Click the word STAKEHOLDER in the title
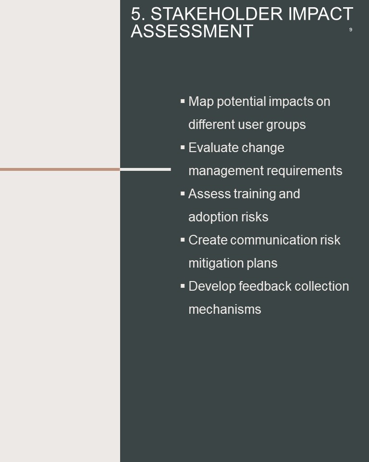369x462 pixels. (217, 14)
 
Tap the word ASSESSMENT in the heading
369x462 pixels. (192, 31)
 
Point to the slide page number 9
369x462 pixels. (350, 29)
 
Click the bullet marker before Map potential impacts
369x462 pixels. (183, 101)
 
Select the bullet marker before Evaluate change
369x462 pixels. (183, 147)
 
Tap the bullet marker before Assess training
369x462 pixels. (183, 193)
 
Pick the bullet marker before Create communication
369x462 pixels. (183, 240)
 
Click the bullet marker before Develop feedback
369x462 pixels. (183, 286)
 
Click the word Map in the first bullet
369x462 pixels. (201, 102)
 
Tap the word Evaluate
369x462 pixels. (211, 147)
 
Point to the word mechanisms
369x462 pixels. (225, 309)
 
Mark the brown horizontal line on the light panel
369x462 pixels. (60, 169)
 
